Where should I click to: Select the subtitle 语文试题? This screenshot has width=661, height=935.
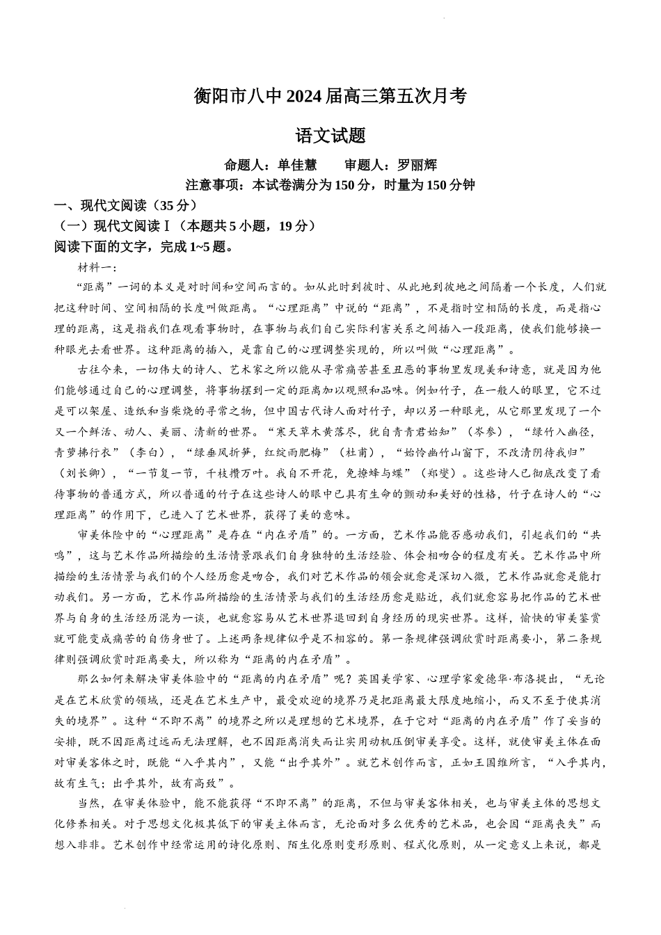330,136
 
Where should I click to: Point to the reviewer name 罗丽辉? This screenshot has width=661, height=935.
417,165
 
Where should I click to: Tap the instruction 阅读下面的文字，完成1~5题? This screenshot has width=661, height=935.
143,246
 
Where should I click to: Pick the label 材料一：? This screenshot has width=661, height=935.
98,267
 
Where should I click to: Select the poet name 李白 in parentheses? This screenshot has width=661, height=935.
148,452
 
